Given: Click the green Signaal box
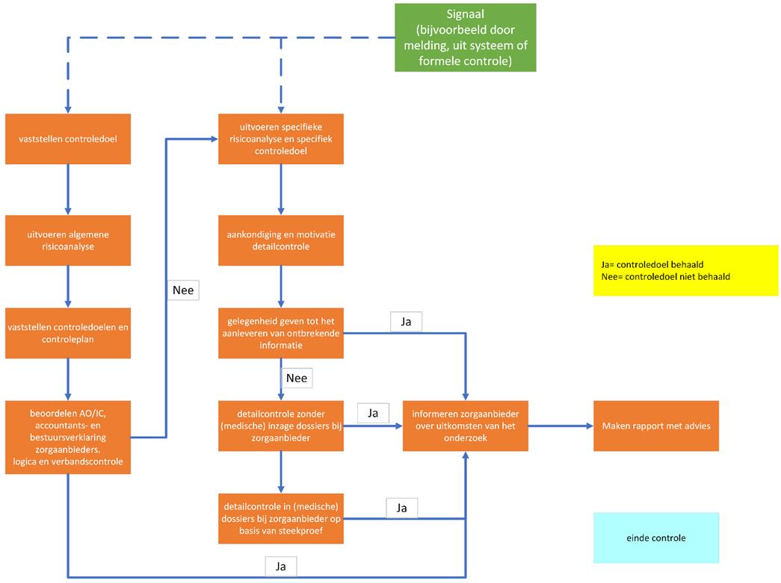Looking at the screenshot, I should [x=465, y=37].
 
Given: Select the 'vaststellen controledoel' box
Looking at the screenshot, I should [x=68, y=139].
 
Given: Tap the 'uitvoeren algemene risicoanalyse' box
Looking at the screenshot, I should [x=68, y=240].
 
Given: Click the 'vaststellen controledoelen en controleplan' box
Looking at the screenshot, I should [x=68, y=332].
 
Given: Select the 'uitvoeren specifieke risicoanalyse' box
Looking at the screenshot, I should [x=281, y=139].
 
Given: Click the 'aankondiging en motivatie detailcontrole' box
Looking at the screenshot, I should [x=281, y=240].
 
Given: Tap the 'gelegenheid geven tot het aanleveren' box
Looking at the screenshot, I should [x=281, y=332].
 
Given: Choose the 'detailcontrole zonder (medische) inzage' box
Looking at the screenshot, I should [x=281, y=425].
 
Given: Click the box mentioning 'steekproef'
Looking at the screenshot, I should [x=281, y=518].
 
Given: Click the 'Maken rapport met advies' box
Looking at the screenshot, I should [x=656, y=425].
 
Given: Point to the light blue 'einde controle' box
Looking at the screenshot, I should [x=656, y=537].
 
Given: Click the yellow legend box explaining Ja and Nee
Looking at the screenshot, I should [x=685, y=270].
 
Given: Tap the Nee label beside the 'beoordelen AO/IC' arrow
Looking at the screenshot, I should [x=183, y=289].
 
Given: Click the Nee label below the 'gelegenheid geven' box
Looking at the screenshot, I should [x=296, y=378].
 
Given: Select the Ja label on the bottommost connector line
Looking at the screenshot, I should [x=281, y=567].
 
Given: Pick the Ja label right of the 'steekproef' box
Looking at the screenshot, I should [x=401, y=508].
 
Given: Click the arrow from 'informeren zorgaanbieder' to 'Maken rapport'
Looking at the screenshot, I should [x=560, y=425].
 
